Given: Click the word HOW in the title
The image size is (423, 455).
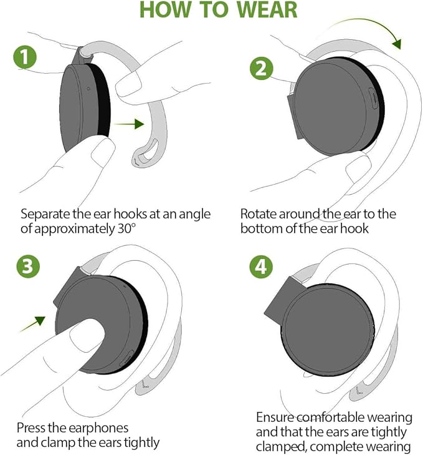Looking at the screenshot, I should click(x=164, y=11).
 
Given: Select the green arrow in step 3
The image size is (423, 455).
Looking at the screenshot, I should click(x=32, y=323).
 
